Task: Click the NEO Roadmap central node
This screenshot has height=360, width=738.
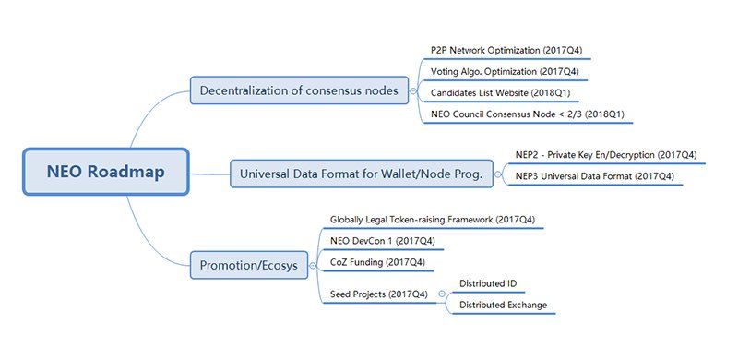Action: [x=106, y=172]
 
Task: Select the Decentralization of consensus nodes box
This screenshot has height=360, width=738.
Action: [x=300, y=90]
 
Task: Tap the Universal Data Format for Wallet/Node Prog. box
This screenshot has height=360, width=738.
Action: [x=361, y=173]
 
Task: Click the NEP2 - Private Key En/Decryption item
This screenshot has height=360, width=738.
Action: [x=606, y=154]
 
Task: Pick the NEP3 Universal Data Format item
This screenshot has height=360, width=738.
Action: [x=595, y=176]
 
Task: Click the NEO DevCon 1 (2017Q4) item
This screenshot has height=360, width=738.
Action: [x=382, y=242]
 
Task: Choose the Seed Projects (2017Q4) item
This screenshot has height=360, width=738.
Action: [x=379, y=294]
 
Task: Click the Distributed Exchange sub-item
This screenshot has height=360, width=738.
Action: [x=503, y=306]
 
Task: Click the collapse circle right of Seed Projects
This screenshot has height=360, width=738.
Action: [x=441, y=294]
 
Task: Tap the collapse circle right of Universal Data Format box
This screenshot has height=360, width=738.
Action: [x=498, y=172]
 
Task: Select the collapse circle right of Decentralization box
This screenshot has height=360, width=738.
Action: [x=414, y=90]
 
